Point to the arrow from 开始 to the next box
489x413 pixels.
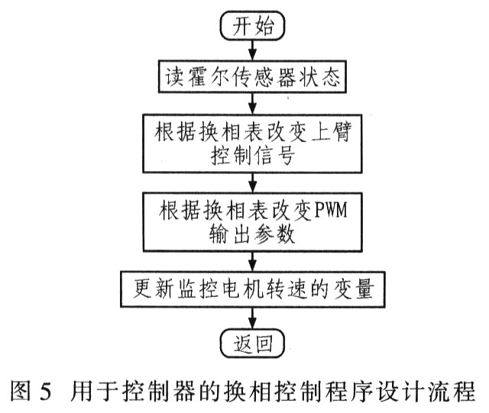(x=253, y=50)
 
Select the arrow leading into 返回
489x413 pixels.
(x=253, y=318)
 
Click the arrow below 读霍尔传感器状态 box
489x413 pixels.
(x=253, y=104)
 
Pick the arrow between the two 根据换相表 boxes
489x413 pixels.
(x=253, y=182)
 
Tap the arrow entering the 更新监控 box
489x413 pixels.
(x=253, y=261)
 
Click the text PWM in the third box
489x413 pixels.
(x=331, y=209)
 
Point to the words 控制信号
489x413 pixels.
(x=252, y=155)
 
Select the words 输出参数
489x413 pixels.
(x=252, y=234)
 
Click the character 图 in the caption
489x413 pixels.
(x=21, y=391)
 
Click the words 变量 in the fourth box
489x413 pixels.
(x=354, y=289)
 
